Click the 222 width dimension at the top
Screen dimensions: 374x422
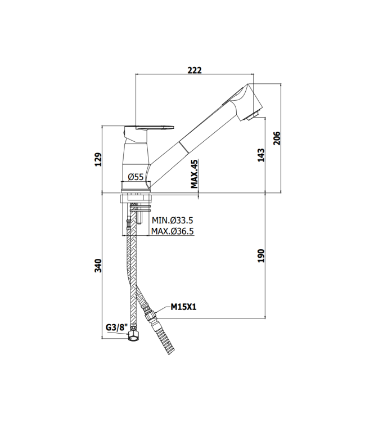point(194,70)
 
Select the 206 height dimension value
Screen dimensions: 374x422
point(277,138)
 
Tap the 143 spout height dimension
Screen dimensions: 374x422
point(261,155)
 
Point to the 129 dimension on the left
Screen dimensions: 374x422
point(98,159)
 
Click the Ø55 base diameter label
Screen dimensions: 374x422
point(136,177)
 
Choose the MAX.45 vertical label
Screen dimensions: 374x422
point(194,174)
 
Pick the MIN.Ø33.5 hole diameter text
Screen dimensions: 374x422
point(173,221)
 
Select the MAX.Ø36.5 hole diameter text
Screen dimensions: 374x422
point(173,231)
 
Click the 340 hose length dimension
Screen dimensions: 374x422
point(98,266)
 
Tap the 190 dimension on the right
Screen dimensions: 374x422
point(261,255)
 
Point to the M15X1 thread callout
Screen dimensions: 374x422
point(183,307)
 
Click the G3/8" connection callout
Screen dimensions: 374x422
point(116,327)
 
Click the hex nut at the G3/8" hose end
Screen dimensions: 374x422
point(133,336)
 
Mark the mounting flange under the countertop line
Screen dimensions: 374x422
point(137,199)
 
